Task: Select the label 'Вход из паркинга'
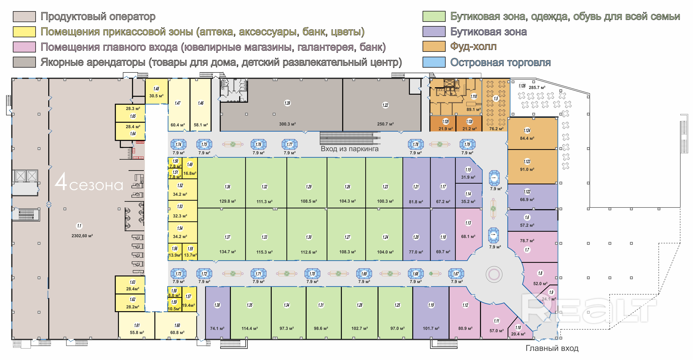point(349,149)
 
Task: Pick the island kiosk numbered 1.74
point(178,144)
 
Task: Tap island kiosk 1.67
point(456,274)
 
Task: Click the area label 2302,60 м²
point(82,236)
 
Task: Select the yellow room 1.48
point(156,91)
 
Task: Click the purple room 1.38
point(217,312)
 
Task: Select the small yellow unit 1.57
point(189,299)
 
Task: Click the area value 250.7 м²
point(385,124)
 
